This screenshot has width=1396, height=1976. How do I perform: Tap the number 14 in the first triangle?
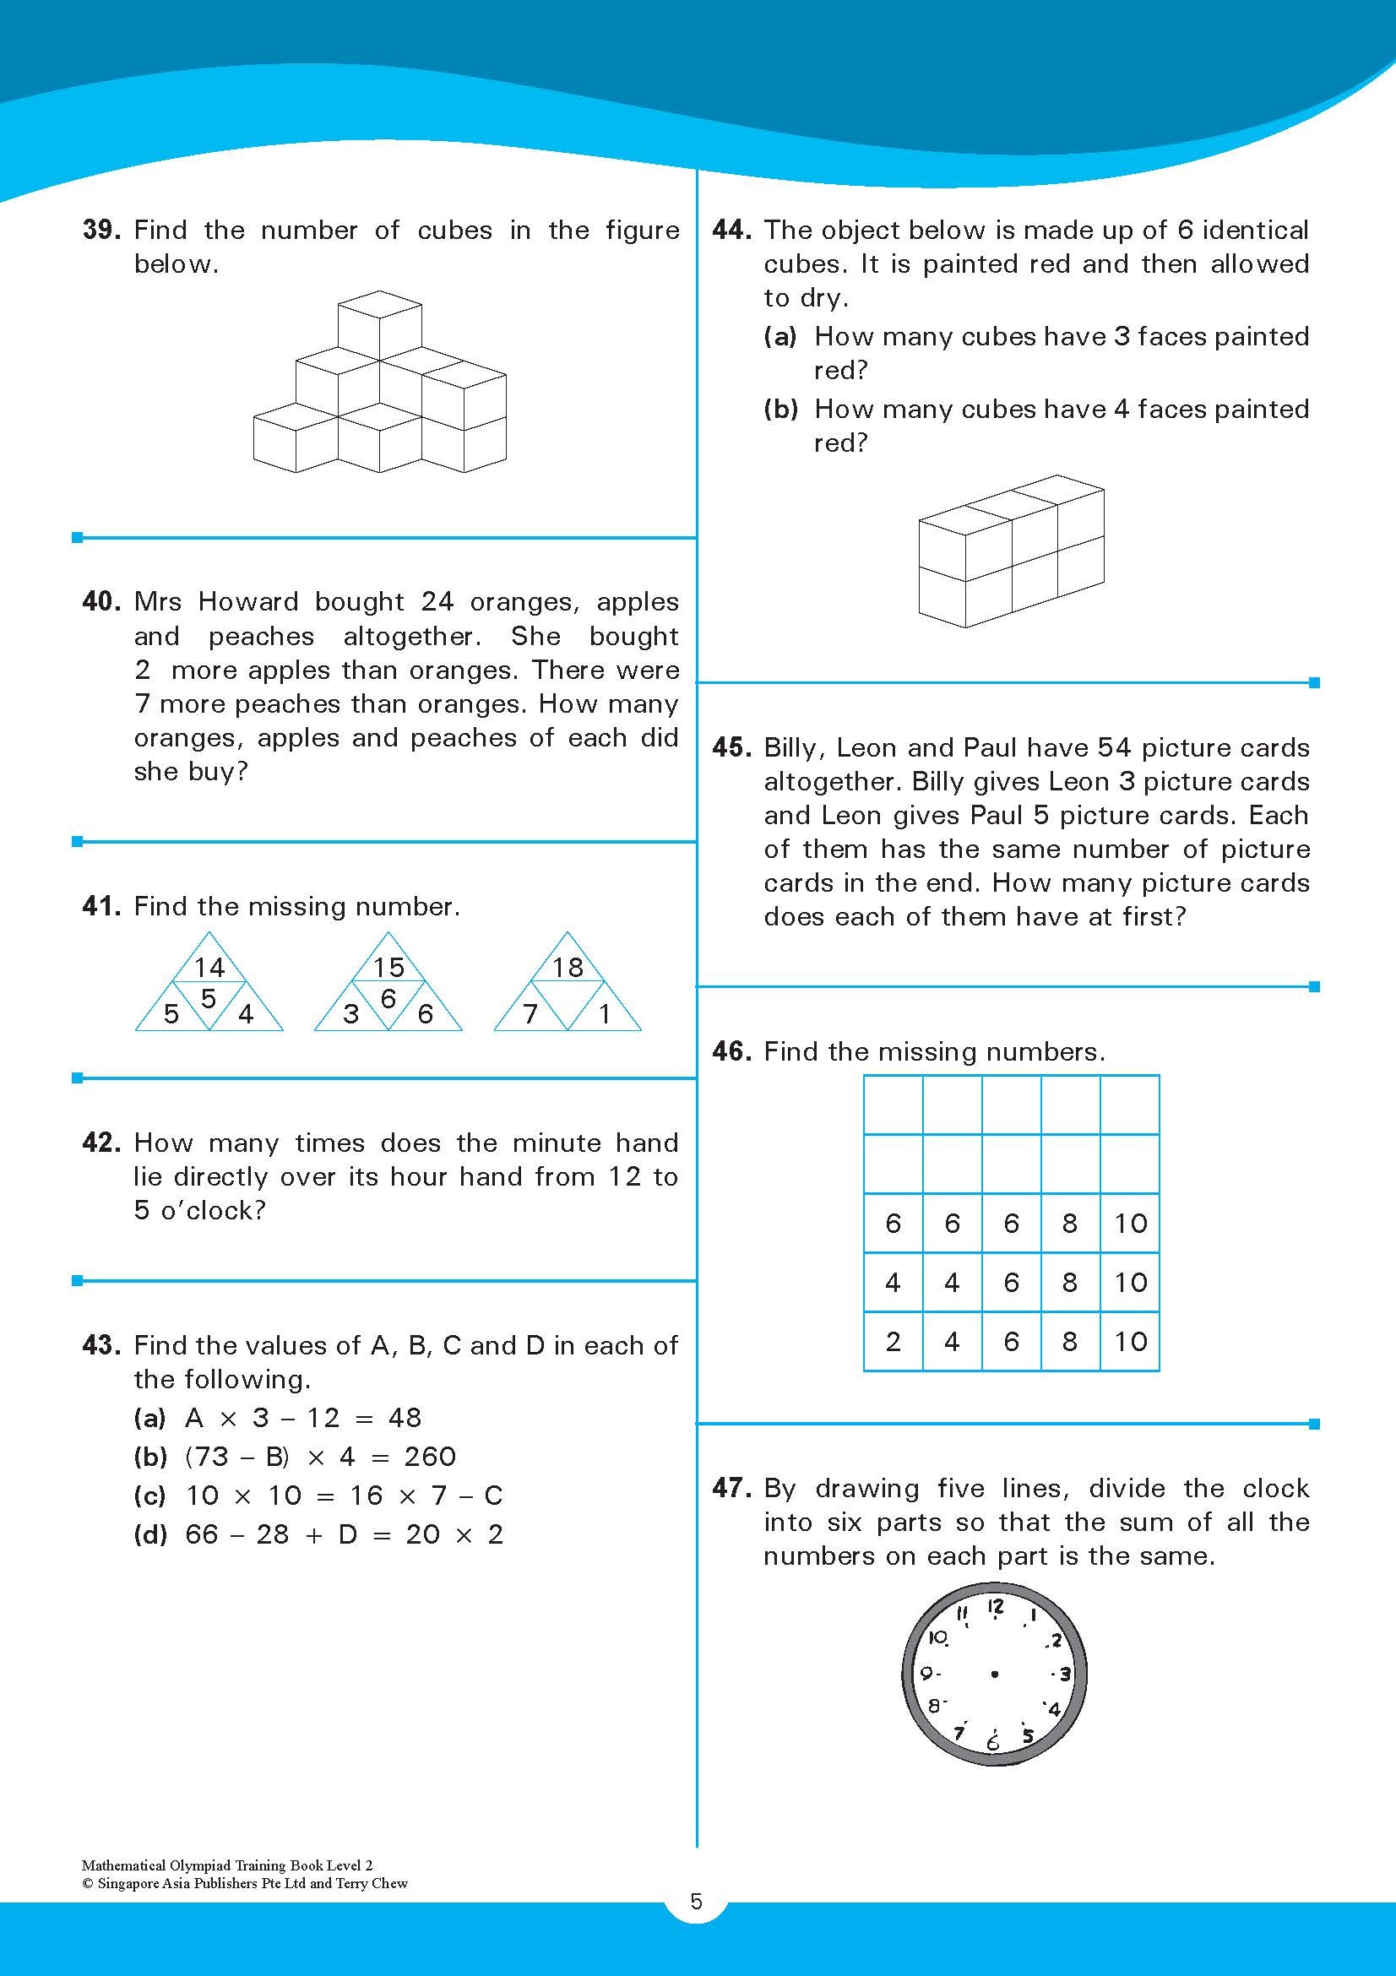209,968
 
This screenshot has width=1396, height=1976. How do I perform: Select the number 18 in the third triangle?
568,968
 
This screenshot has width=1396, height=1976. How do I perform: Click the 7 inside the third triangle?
531,1014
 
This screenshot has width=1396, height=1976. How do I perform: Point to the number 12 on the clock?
995,1607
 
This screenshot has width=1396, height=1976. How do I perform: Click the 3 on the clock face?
1065,1674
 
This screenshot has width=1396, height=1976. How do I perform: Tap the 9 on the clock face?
927,1674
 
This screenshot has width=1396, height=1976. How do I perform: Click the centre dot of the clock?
995,1674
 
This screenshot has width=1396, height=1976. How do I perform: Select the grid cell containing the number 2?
893,1341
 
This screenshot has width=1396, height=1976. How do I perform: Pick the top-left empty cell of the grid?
893,1105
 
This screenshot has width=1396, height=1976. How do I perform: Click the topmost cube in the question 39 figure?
379,323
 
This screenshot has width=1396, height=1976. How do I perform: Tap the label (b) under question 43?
149,1456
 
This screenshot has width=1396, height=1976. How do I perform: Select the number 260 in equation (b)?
430,1456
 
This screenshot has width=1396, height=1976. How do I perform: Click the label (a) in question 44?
779,336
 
